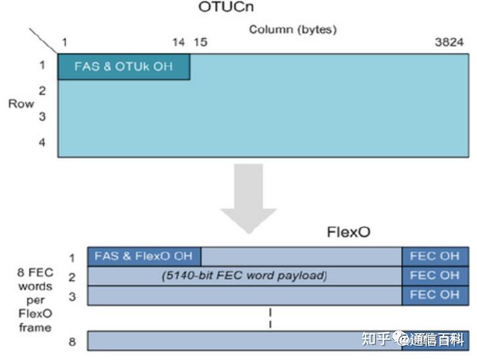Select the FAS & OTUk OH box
[124, 67]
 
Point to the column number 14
[179, 43]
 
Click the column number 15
[200, 43]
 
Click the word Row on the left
[20, 104]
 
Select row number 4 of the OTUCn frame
[42, 141]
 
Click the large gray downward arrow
[248, 196]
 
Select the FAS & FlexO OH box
[144, 256]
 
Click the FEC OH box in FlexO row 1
[435, 256]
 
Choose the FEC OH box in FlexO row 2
[435, 276]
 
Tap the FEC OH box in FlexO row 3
[435, 295]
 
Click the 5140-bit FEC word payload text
[244, 276]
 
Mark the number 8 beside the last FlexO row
[73, 340]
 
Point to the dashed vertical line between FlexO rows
[270, 317]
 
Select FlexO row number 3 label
[72, 296]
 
